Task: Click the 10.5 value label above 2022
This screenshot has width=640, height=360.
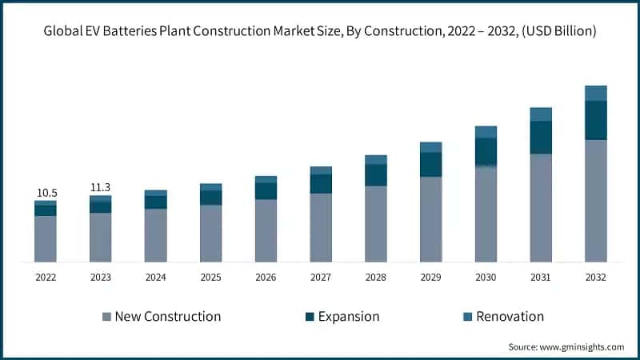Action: pyautogui.click(x=46, y=193)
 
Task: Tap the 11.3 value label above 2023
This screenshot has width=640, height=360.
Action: pyautogui.click(x=100, y=188)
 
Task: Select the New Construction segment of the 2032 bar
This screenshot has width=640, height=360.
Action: pyautogui.click(x=595, y=201)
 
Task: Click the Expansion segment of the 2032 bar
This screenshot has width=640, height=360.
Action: pyautogui.click(x=595, y=120)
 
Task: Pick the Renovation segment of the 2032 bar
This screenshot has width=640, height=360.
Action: pyautogui.click(x=595, y=93)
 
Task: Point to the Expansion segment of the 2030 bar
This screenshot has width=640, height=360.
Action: pyautogui.click(x=486, y=152)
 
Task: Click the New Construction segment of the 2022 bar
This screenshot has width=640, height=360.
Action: pyautogui.click(x=46, y=238)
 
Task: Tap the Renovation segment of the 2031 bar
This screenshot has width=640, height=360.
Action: pyautogui.click(x=541, y=114)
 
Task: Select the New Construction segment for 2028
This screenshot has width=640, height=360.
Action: pyautogui.click(x=376, y=224)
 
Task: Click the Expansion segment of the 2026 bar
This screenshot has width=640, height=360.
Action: pyautogui.click(x=266, y=190)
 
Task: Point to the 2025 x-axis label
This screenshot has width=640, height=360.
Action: pyautogui.click(x=210, y=278)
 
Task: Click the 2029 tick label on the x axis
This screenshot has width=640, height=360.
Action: pyautogui.click(x=430, y=278)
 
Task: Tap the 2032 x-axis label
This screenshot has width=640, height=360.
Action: pyautogui.click(x=595, y=278)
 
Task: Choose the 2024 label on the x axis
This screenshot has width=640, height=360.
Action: pyautogui.click(x=155, y=278)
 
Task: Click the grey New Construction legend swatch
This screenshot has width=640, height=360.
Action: pyautogui.click(x=106, y=317)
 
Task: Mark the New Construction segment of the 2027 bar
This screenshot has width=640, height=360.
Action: pyautogui.click(x=321, y=227)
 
